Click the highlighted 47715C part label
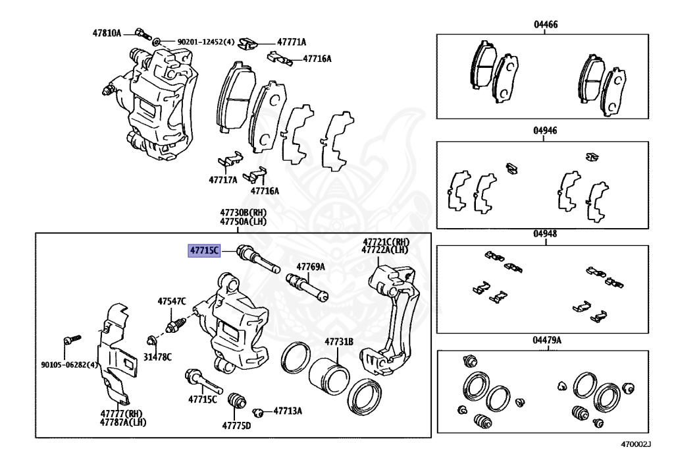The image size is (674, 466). pyautogui.click(x=203, y=250)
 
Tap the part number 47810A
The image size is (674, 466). pyautogui.click(x=107, y=32)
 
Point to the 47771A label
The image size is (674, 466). pyautogui.click(x=292, y=42)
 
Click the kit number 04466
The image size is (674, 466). pyautogui.click(x=546, y=24)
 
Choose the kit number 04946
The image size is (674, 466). pyautogui.click(x=546, y=131)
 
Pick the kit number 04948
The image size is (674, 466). pyautogui.click(x=546, y=233)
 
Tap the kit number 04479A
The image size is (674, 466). pyautogui.click(x=547, y=340)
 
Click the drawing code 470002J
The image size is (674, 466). pyautogui.click(x=635, y=444)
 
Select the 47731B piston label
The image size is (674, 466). pyautogui.click(x=338, y=341)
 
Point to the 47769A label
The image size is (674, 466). pyautogui.click(x=310, y=267)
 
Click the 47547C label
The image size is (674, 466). pyautogui.click(x=172, y=301)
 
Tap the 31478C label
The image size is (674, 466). pyautogui.click(x=158, y=357)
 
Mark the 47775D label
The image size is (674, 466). pyautogui.click(x=236, y=426)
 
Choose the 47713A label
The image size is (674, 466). pyautogui.click(x=288, y=411)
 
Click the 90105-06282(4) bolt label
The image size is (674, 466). pyautogui.click(x=68, y=364)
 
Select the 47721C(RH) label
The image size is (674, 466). pyautogui.click(x=385, y=241)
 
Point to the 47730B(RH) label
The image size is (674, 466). pyautogui.click(x=243, y=213)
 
